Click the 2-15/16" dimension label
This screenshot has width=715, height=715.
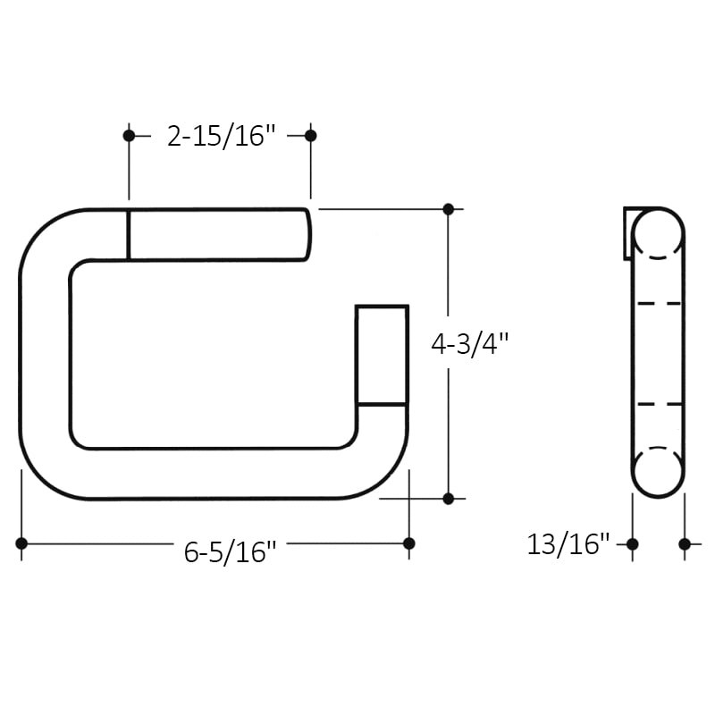pos(220,136)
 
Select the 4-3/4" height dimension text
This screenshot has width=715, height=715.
pos(469,344)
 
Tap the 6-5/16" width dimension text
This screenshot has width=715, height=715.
pos(230,552)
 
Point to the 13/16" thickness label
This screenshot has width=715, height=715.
pos(568,543)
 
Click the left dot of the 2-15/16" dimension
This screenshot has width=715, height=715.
pos(129,136)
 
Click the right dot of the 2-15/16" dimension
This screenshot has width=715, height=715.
pos(311,136)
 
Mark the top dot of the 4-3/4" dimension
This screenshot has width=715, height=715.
pos(449,209)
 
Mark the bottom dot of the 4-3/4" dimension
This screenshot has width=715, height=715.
pos(449,498)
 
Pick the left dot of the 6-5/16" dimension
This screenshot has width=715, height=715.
pos(21,543)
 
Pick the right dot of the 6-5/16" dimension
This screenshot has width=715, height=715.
pos(409,543)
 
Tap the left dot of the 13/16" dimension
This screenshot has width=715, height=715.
pos(633,543)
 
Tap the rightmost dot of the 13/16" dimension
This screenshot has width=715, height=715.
pos(685,543)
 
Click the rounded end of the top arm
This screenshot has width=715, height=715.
pos(307,234)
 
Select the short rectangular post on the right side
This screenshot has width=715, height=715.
pos(382,355)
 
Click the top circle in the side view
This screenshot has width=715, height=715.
pos(658,234)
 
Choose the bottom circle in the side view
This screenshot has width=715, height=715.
pos(658,471)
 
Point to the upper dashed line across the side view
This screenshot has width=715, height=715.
pos(658,304)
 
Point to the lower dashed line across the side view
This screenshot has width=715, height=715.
pos(658,404)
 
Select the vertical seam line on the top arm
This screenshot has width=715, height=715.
pos(129,234)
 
